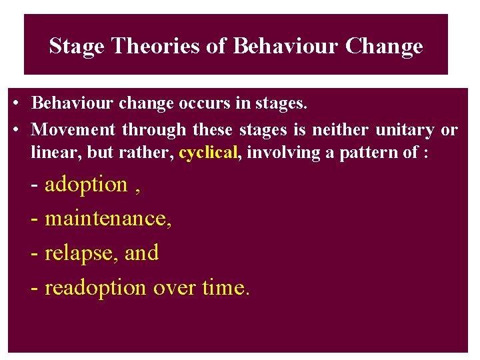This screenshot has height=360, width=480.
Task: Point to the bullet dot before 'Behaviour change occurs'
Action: [x=15, y=105]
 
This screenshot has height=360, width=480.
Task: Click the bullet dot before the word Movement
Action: [x=15, y=129]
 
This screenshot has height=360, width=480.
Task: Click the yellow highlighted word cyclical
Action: [x=208, y=152]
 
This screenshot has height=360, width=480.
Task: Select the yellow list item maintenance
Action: [x=107, y=219]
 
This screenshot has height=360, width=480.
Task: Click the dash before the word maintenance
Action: [x=35, y=219]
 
